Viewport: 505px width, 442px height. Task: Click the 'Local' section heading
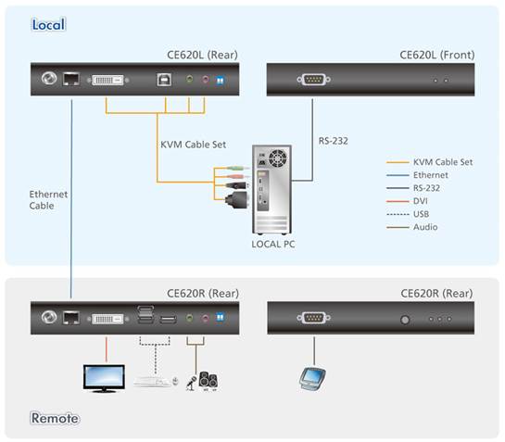coord(48,25)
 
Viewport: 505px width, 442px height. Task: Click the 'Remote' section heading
coord(55,418)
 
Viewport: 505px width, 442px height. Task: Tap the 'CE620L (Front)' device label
coord(437,55)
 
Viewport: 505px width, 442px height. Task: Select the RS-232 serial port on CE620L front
coord(313,80)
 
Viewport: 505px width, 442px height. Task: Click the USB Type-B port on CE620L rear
coord(164,80)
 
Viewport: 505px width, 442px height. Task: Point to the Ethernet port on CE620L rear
coord(71,79)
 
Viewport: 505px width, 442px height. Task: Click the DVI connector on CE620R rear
coord(107,319)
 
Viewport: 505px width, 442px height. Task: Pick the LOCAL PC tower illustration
coord(271,190)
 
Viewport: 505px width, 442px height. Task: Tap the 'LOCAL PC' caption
coord(273,245)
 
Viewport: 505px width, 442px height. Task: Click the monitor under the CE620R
coord(104,378)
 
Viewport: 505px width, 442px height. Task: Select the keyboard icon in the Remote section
coord(153,382)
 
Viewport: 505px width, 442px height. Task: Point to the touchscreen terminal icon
coord(312,379)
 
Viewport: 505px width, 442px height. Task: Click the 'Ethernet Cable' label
coord(48,200)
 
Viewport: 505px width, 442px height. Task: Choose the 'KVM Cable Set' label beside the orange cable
coord(194,145)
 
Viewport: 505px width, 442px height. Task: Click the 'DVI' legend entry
coord(421,201)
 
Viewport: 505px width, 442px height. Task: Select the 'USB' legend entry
coord(421,214)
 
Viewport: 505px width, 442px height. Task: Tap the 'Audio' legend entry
coord(425,227)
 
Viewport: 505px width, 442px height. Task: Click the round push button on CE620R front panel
coord(405,320)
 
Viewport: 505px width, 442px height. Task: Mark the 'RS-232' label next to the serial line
coord(333,141)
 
